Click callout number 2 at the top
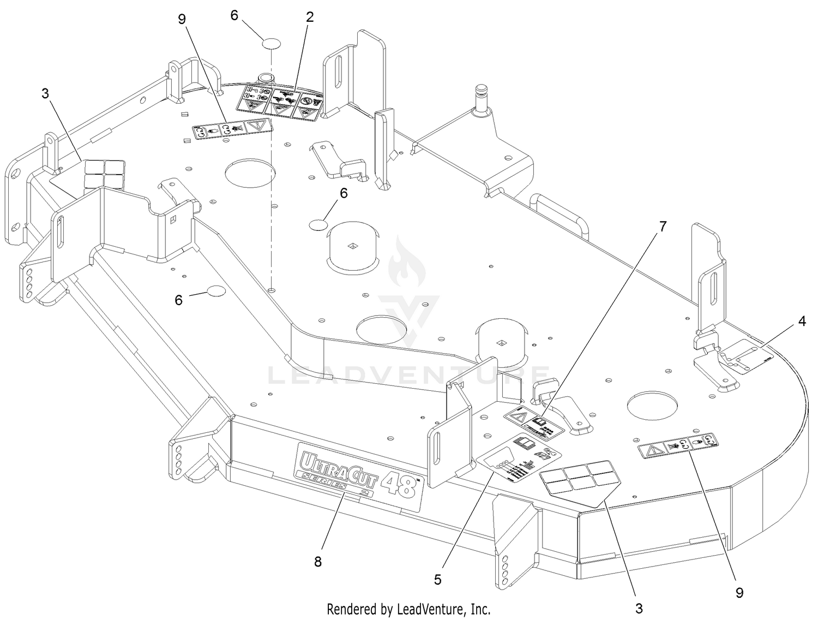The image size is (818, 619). point(310,17)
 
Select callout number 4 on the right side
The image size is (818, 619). point(802,322)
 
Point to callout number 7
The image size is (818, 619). point(663,227)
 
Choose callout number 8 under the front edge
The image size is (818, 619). point(318,561)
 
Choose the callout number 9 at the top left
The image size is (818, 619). point(182,19)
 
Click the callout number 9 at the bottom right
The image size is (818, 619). point(739,592)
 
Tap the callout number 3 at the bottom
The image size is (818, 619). point(639,608)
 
